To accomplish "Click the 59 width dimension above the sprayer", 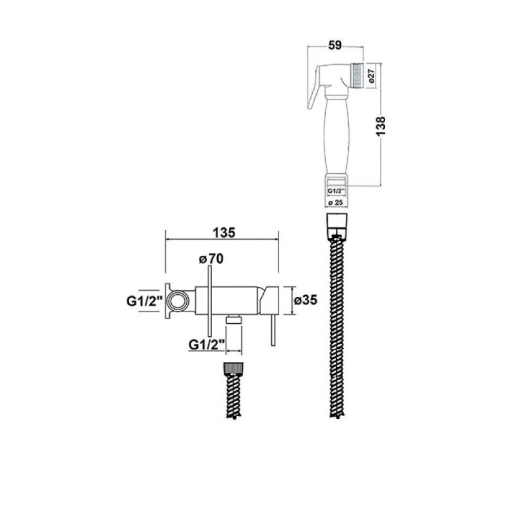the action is (x=335, y=45).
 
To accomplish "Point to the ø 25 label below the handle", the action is (x=335, y=203).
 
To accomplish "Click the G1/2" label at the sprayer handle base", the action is (x=336, y=191).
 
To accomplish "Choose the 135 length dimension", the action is (x=224, y=233).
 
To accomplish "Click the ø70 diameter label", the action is (x=211, y=259).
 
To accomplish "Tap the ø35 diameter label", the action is (x=305, y=300).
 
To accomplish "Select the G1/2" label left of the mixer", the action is (x=145, y=301).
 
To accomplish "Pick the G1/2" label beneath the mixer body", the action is (x=207, y=345).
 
